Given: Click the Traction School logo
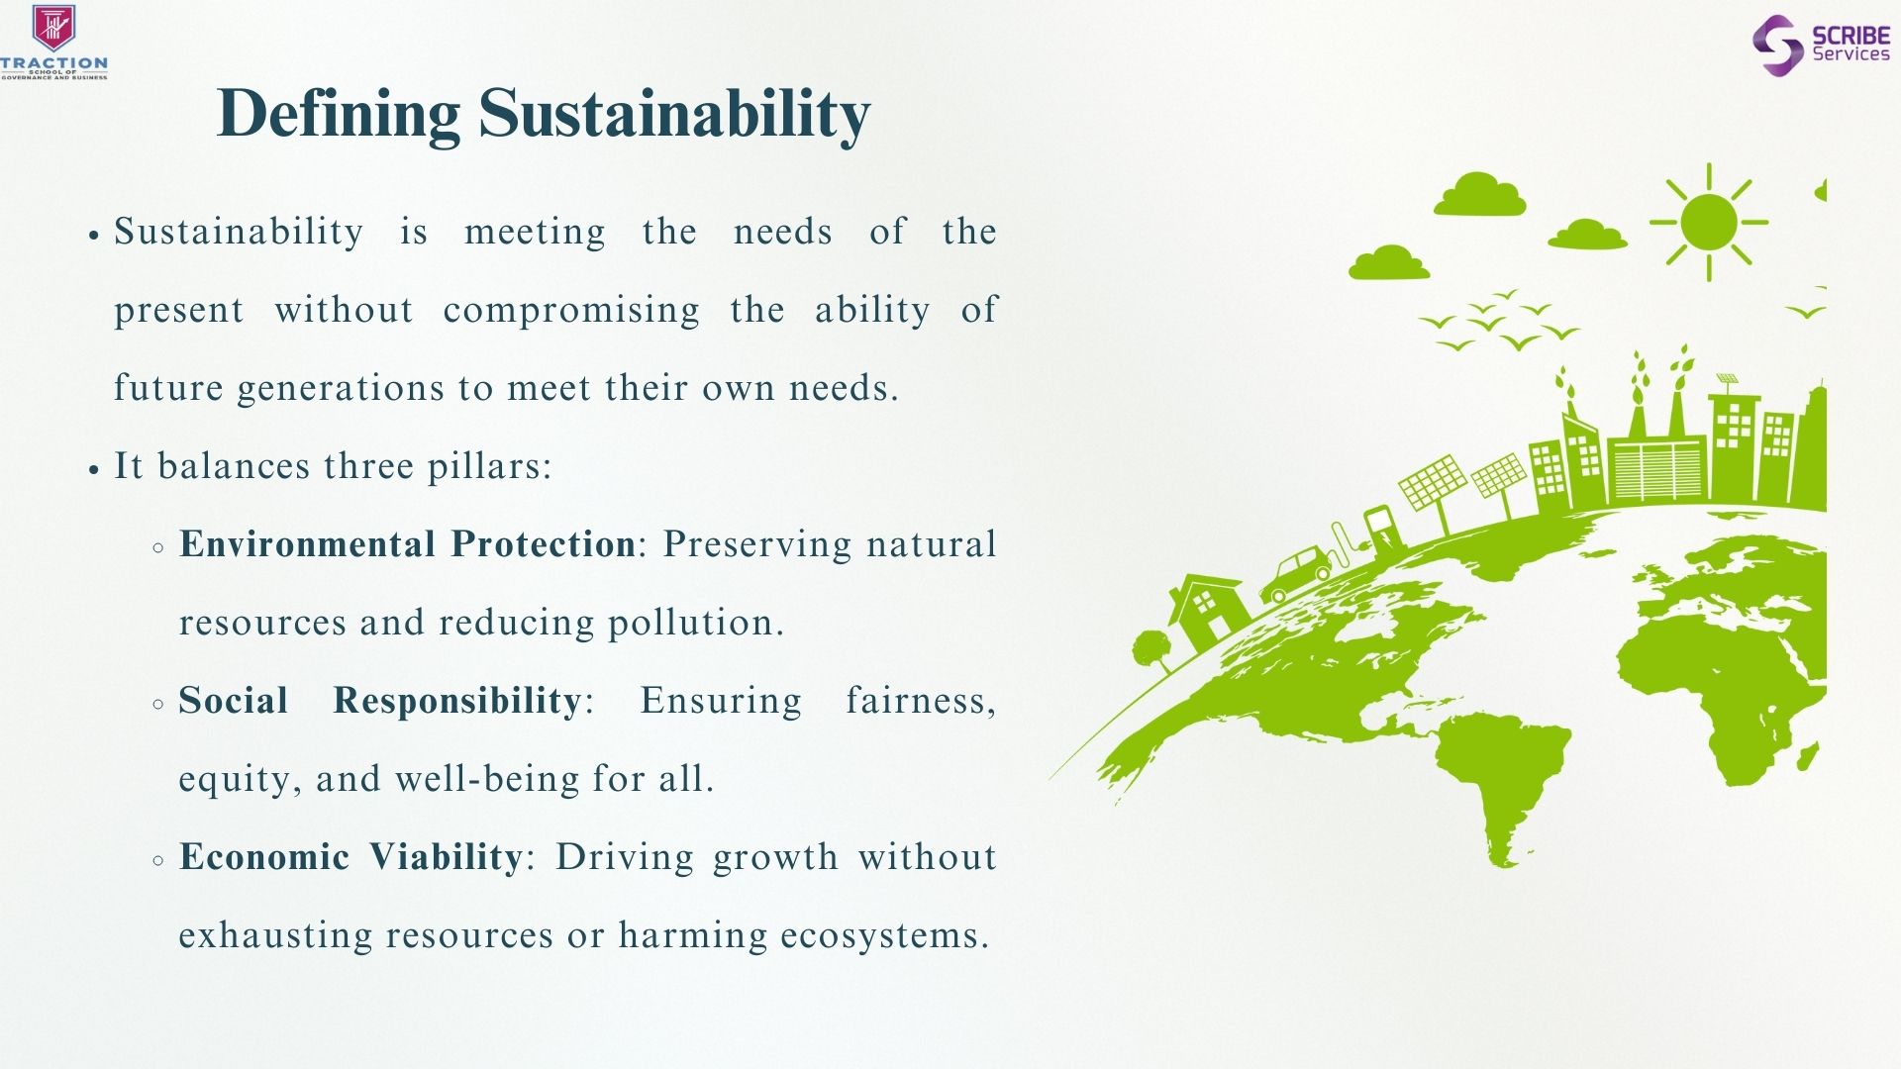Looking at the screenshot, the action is pyautogui.click(x=54, y=42).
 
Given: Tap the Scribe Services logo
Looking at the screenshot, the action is pyautogui.click(x=1821, y=45).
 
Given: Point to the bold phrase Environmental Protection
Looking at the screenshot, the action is pyautogui.click(x=407, y=543).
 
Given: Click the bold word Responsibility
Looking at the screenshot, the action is pyautogui.click(x=457, y=701).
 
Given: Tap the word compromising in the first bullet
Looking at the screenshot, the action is pyautogui.click(x=571, y=310).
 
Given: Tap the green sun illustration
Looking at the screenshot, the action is pyautogui.click(x=1708, y=222).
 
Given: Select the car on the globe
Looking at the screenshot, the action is pyautogui.click(x=1297, y=576).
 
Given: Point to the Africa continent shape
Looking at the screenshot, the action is pyautogui.click(x=1723, y=683).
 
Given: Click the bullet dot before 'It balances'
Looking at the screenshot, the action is pyautogui.click(x=94, y=469).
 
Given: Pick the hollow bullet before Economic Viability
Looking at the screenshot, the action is pyautogui.click(x=158, y=861).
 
